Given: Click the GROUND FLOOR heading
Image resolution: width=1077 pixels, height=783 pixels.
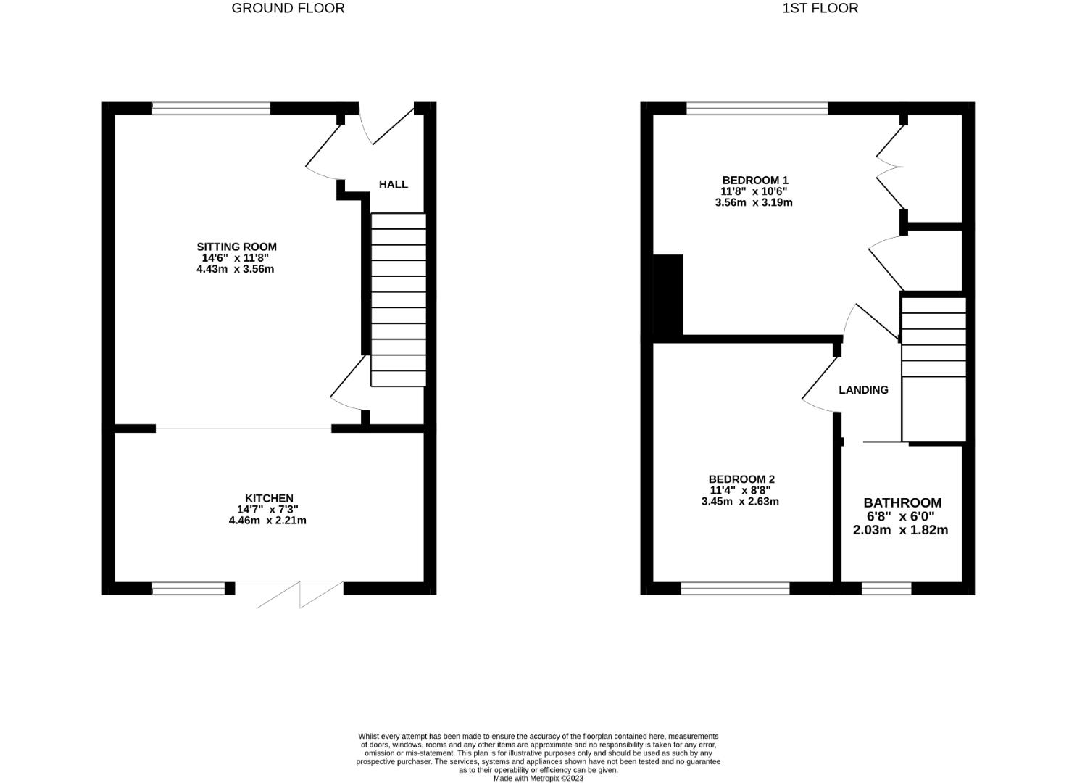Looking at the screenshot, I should pyautogui.click(x=288, y=8).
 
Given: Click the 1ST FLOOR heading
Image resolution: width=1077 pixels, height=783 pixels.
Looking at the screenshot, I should pyautogui.click(x=820, y=8).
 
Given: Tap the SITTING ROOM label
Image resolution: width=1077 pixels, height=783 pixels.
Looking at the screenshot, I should pyautogui.click(x=236, y=246).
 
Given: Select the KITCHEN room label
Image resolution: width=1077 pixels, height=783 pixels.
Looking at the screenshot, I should pyautogui.click(x=269, y=498).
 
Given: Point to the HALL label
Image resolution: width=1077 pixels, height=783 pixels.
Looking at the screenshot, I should pyautogui.click(x=394, y=184).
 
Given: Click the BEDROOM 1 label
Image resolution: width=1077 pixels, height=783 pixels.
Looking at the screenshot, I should pyautogui.click(x=754, y=180).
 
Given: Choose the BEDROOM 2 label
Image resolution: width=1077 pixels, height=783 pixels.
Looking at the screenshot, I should pyautogui.click(x=741, y=479).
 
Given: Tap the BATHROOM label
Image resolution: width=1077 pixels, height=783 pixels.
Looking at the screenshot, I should pyautogui.click(x=902, y=502).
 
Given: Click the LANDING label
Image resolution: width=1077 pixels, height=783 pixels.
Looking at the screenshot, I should pyautogui.click(x=863, y=390).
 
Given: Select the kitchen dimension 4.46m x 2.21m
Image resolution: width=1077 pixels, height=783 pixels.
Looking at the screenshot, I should pyautogui.click(x=267, y=521).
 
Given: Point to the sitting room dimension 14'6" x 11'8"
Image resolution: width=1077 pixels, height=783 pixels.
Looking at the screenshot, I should pyautogui.click(x=236, y=257).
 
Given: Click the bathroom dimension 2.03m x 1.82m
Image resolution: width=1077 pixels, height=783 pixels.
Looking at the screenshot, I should pyautogui.click(x=900, y=530).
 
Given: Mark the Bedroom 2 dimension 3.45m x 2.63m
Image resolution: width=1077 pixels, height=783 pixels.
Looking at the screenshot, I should pyautogui.click(x=740, y=501).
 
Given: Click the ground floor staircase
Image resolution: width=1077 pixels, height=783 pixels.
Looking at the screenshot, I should pyautogui.click(x=398, y=299).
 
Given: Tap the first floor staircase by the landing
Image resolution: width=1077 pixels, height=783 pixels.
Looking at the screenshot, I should pyautogui.click(x=933, y=337).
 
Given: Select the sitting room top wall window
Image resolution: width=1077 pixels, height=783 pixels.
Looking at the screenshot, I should pyautogui.click(x=211, y=109).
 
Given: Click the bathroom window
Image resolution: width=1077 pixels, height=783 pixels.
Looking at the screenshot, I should pyautogui.click(x=886, y=589).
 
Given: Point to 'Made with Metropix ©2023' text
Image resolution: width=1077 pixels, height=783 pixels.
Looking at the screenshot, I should pyautogui.click(x=538, y=779).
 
